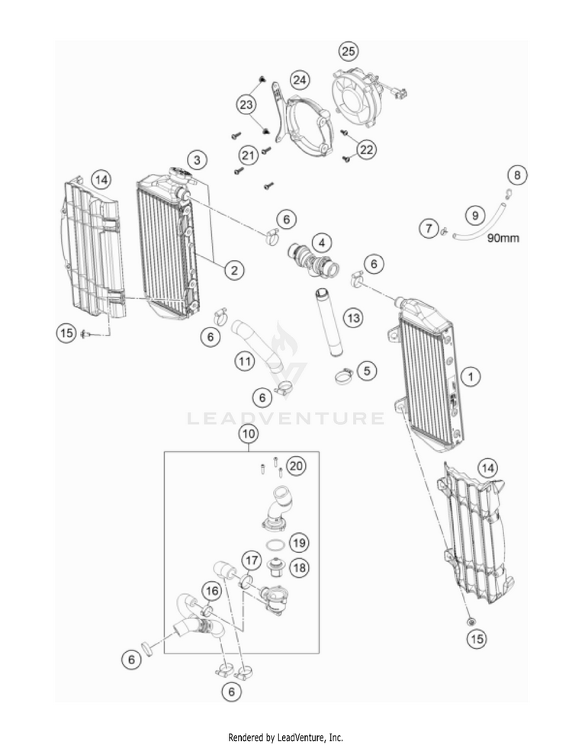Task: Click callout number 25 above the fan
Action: (349, 52)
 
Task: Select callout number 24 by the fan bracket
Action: (300, 79)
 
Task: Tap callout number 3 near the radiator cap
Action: (198, 160)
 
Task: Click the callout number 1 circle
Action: (471, 376)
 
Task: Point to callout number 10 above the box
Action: (248, 434)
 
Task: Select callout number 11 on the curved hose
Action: (245, 362)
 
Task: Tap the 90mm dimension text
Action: (504, 238)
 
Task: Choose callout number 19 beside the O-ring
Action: (299, 543)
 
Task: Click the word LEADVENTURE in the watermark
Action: (286, 418)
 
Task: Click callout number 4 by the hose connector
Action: (323, 243)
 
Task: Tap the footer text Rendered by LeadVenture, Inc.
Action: (286, 737)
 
